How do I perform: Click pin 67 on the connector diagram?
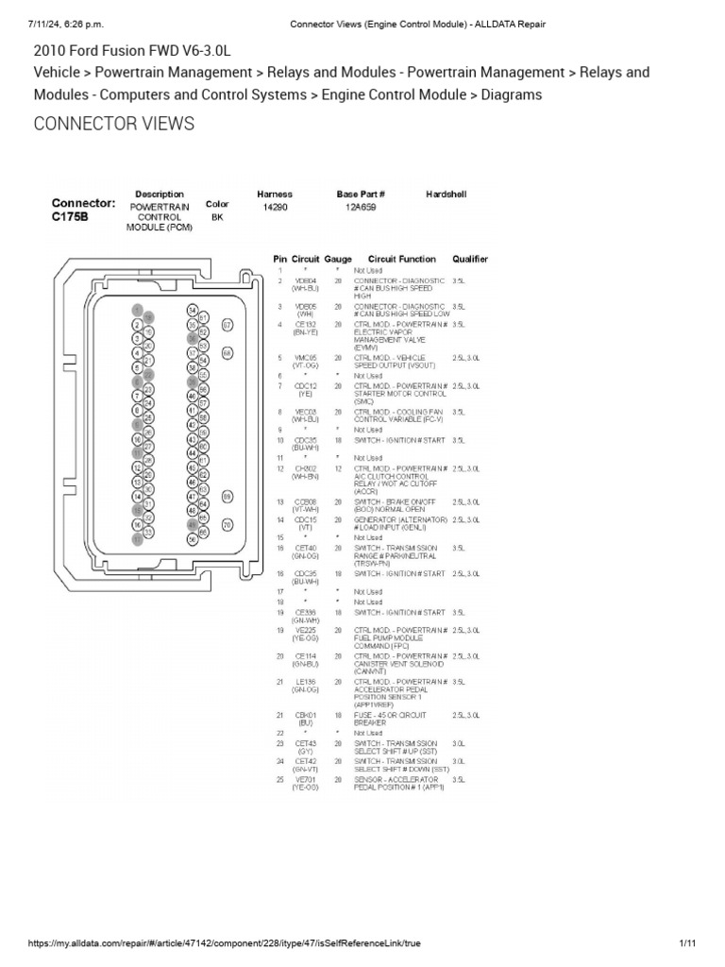pos(227,325)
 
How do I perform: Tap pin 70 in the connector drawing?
pos(227,524)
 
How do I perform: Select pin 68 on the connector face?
pos(227,352)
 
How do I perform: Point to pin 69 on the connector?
pos(227,496)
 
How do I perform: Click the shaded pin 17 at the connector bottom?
pos(137,539)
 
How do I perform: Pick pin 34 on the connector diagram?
pos(192,310)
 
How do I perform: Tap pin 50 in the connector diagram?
pos(192,539)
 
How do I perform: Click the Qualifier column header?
pos(470,259)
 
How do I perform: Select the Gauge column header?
pos(337,259)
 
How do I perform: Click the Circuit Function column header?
pos(402,259)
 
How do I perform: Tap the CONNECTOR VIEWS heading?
pos(114,124)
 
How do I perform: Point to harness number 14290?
pos(275,207)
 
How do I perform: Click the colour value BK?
pos(217,216)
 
